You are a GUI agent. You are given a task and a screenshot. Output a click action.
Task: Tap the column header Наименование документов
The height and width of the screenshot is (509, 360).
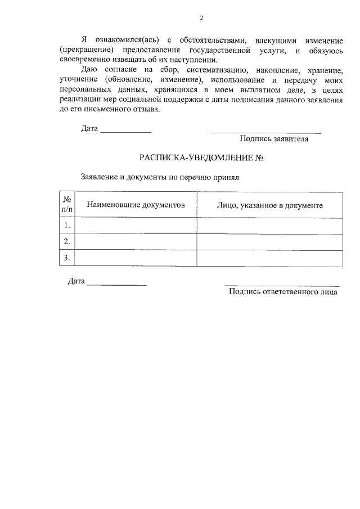pos(136,205)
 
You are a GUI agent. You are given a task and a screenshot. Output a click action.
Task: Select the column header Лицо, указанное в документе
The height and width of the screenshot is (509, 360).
pos(269,205)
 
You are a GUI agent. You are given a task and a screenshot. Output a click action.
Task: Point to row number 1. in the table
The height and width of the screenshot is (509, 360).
pos(67,226)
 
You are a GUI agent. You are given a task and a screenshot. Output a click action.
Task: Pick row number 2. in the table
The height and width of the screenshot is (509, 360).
pos(67,242)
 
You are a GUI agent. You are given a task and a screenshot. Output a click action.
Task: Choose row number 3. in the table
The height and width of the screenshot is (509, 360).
pos(67,258)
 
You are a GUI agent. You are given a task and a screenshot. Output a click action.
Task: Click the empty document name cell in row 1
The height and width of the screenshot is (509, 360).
pos(136,226)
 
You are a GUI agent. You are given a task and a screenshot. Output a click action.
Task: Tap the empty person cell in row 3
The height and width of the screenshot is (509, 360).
pos(269,258)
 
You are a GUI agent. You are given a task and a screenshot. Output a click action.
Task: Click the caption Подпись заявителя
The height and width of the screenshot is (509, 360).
pos(274,138)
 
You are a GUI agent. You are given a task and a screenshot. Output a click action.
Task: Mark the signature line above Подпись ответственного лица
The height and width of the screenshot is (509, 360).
pos(282,286)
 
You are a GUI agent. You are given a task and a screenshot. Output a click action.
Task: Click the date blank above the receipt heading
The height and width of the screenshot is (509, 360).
pos(125,131)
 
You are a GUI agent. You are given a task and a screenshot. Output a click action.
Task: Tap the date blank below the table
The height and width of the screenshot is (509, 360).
pos(116,285)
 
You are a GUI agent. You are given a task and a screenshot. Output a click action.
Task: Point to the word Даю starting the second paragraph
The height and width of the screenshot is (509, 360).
pos(91,70)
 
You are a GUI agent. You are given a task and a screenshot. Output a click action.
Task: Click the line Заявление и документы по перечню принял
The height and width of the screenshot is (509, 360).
pos(160,177)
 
